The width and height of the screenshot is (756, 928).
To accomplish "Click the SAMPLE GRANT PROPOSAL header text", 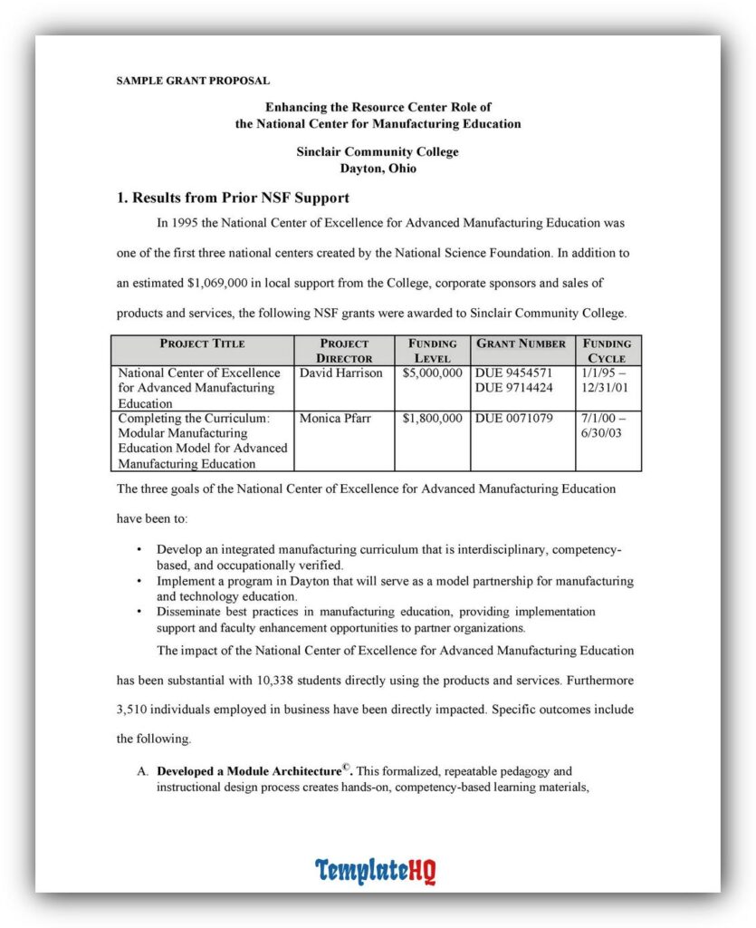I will tap(193, 81).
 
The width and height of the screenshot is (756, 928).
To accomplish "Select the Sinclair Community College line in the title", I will tap(378, 152).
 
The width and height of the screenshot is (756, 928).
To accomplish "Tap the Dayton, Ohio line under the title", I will tap(378, 169).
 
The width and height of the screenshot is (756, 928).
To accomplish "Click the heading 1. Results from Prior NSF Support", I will tap(233, 198).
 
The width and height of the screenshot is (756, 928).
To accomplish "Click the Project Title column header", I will tap(202, 343).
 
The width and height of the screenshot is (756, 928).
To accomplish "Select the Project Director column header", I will tap(344, 351).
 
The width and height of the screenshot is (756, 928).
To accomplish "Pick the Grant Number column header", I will tap(522, 343).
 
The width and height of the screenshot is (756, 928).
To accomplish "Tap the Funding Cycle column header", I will tap(608, 351).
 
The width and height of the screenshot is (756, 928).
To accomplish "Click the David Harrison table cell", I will tap(341, 372).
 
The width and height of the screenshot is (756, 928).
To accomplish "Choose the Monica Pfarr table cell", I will tap(337, 419).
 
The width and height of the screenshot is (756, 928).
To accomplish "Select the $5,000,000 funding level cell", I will tap(432, 372).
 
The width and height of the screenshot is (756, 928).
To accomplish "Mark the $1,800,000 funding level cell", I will tap(432, 419).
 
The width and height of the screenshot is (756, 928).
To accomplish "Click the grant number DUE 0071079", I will tap(514, 419).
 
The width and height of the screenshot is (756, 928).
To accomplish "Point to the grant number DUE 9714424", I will tap(514, 388).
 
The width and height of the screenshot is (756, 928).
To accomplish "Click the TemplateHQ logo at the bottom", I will tap(376, 871).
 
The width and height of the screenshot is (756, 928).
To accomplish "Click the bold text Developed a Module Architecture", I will tap(249, 772).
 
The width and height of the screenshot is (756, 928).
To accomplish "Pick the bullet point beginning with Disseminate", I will tap(376, 620).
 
